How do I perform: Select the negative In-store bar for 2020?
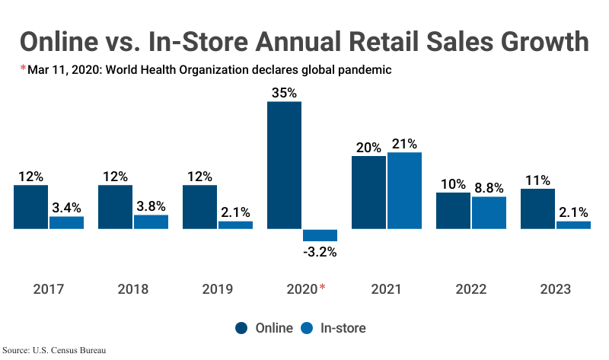[320, 235]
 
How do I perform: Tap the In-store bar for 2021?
[404, 190]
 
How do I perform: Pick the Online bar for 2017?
[30, 207]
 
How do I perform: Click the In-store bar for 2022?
[489, 213]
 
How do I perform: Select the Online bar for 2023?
[537, 209]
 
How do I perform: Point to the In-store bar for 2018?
[151, 221]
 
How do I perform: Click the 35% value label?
[284, 92]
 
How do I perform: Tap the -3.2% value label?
[320, 252]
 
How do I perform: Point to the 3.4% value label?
[66, 206]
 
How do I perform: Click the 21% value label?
[404, 143]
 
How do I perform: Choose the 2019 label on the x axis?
[218, 289]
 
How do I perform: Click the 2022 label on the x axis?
[470, 289]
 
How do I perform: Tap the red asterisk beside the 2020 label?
[322, 287]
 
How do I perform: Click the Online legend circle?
[242, 328]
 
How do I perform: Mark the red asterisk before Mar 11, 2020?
[23, 69]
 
